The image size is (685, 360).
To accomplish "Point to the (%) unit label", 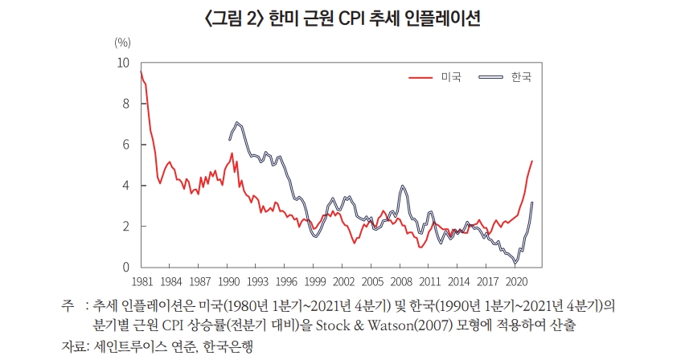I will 122,42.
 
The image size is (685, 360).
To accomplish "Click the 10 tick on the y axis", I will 122,63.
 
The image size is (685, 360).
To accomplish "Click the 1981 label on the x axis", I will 142,281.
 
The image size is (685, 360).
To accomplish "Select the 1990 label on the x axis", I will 228,281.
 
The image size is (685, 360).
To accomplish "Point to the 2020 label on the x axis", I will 516,281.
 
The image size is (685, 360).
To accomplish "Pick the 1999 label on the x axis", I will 314,281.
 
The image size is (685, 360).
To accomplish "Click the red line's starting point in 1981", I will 141,72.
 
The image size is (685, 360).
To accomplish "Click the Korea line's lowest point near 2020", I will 515,263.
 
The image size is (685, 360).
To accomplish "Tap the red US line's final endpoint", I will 532,162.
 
